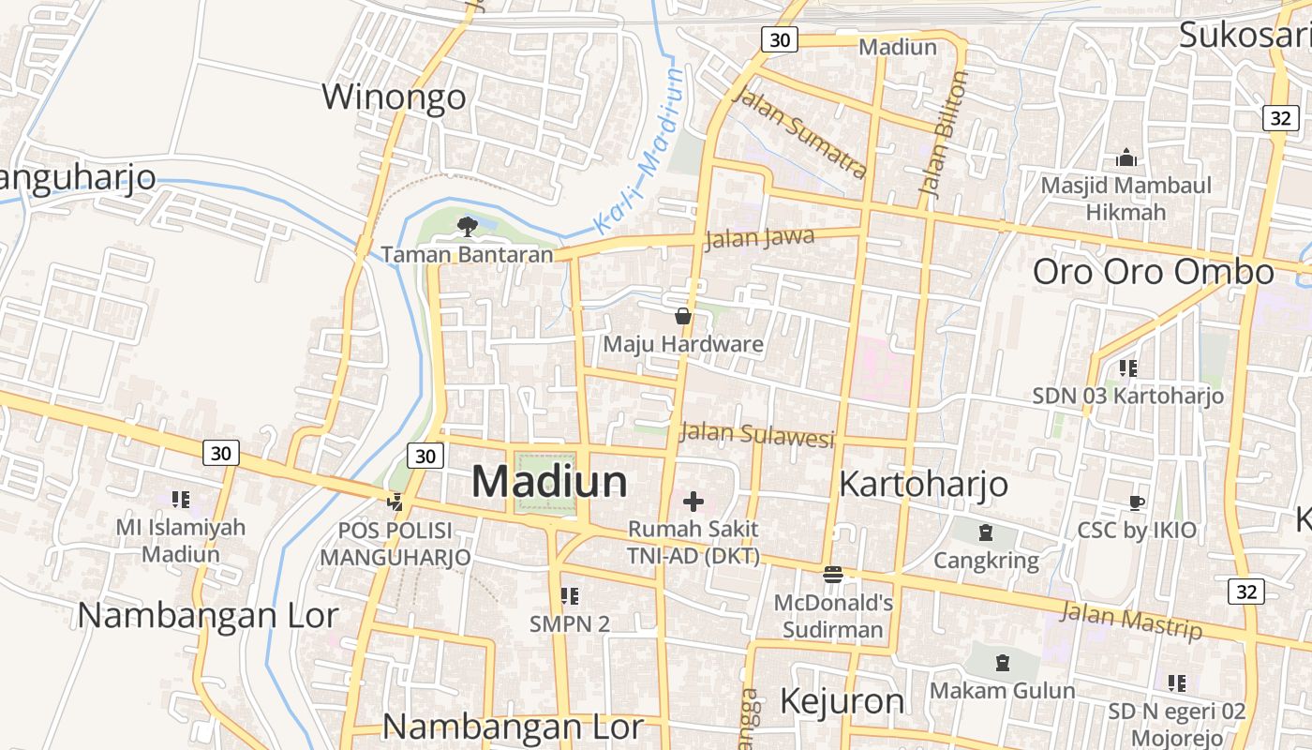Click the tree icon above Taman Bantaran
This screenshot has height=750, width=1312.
(x=467, y=226)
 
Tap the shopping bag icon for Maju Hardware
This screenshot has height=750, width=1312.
(x=683, y=316)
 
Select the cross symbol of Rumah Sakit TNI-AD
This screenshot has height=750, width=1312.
(x=693, y=501)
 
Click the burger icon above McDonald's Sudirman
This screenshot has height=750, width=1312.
(x=833, y=574)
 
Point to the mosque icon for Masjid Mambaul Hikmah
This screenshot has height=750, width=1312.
(x=1126, y=157)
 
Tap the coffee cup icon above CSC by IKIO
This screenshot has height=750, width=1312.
(x=1136, y=502)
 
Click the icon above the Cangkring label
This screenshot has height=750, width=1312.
(x=986, y=533)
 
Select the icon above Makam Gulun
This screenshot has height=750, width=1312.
(x=1003, y=663)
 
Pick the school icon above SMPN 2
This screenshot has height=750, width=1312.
(x=569, y=595)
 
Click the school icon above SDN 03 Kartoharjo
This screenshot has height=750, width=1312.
(x=1127, y=367)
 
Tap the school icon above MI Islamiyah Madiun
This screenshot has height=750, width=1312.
(x=181, y=499)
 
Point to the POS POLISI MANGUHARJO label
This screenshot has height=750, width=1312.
(x=395, y=544)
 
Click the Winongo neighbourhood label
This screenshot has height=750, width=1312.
(x=394, y=97)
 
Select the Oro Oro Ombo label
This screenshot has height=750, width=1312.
(x=1154, y=272)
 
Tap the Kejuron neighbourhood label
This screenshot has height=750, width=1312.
(x=842, y=700)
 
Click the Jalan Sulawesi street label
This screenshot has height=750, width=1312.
(x=756, y=435)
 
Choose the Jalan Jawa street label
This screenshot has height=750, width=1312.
(x=759, y=238)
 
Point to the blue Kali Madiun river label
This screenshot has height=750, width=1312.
(x=641, y=150)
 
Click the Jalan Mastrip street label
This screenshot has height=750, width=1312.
(x=1131, y=621)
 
